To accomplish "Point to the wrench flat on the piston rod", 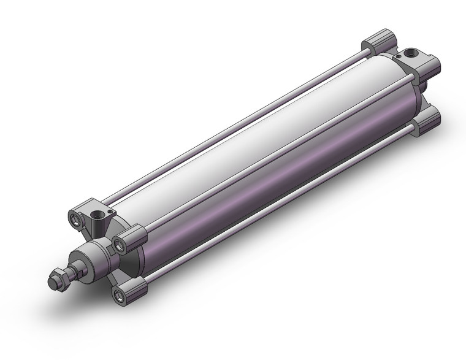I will (x=77, y=268).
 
